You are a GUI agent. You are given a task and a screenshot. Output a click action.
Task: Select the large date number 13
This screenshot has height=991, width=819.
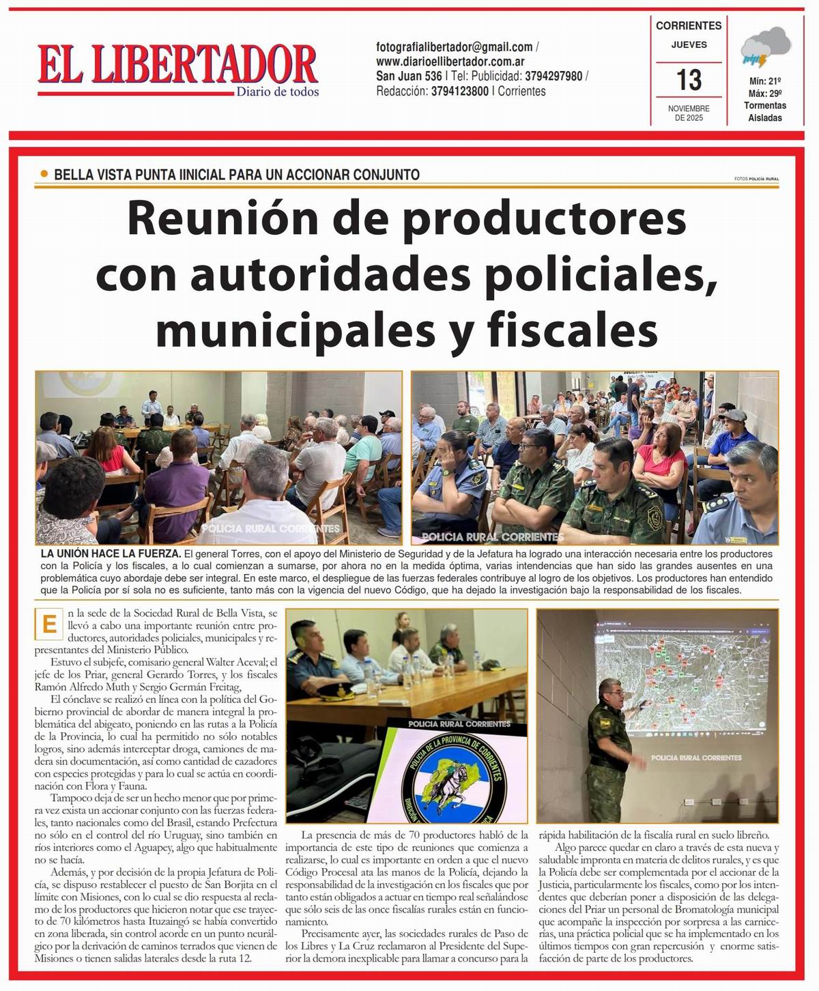click(689, 81)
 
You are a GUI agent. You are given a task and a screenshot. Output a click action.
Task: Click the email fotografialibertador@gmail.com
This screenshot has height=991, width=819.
click(455, 47)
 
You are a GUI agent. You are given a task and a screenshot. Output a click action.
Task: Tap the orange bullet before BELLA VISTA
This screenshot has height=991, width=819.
click(44, 174)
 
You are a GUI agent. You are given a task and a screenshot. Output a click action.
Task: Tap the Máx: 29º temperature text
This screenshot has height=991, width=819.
click(765, 93)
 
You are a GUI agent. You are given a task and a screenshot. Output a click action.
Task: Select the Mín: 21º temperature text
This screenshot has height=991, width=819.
click(765, 81)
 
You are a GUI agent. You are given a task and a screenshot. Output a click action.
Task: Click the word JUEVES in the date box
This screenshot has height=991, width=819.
click(688, 45)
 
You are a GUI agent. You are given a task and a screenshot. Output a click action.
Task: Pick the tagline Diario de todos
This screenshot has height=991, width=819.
click(277, 92)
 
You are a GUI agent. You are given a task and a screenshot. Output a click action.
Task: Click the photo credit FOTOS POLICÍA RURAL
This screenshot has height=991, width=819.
click(756, 179)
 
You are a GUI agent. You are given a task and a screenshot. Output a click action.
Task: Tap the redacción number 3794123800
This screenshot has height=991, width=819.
click(460, 91)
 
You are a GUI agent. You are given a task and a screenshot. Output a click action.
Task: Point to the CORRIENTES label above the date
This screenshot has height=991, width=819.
click(688, 26)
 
